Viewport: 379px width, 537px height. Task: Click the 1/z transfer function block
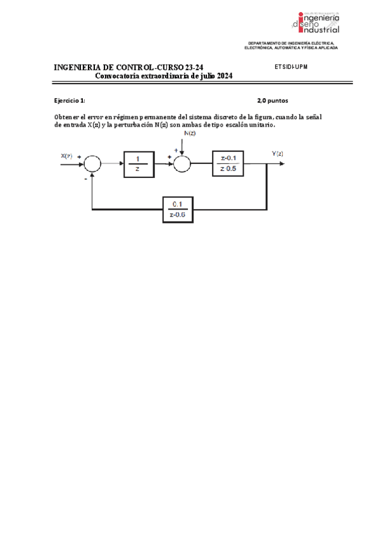137,164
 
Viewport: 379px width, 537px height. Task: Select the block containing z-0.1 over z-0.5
228,164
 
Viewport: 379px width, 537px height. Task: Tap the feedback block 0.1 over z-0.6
178,208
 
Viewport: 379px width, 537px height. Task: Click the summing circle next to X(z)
92,163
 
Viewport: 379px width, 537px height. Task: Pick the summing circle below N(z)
182,163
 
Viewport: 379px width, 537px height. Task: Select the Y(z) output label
277,154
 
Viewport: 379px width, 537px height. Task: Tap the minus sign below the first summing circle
85,179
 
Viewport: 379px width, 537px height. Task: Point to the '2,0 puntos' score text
273,100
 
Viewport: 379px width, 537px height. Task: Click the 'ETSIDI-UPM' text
291,66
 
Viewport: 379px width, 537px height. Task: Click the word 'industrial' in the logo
321,29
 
